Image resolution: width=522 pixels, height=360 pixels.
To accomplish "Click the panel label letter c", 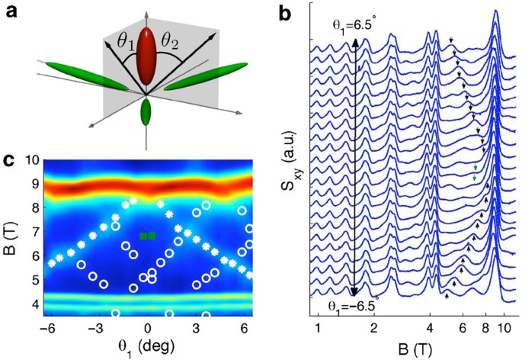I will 10,161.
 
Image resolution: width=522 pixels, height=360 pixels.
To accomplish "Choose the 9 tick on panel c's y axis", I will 31,184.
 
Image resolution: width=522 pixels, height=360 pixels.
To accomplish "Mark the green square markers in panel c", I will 147,236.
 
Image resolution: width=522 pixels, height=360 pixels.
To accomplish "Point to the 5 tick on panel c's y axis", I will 31,280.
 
